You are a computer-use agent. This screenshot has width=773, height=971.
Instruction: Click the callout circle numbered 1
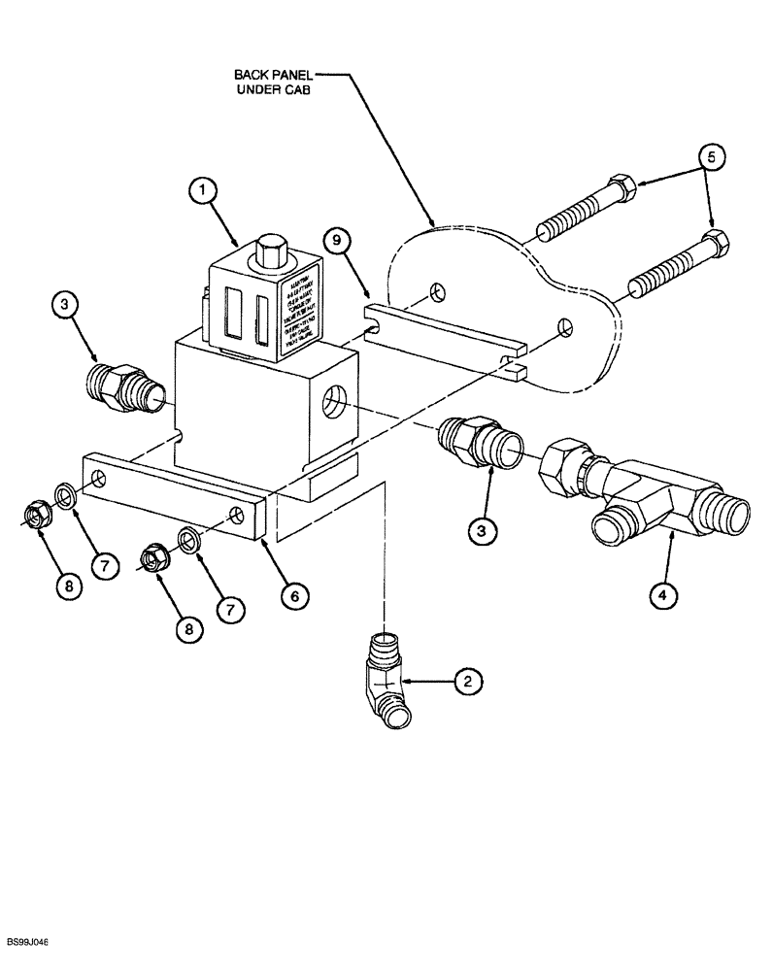(x=203, y=192)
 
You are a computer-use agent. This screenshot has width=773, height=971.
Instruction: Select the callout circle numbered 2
(x=467, y=682)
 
